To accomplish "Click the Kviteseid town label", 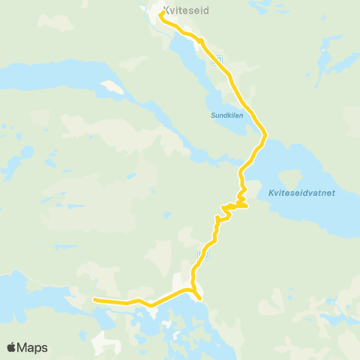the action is pyautogui.click(x=186, y=11).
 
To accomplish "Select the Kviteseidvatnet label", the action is pyautogui.click(x=301, y=193).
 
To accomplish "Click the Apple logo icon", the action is pyautogui.click(x=11, y=347).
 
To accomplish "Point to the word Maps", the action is pyautogui.click(x=32, y=347).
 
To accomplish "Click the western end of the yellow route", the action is pyautogui.click(x=94, y=300).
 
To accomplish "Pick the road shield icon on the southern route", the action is pyautogui.click(x=201, y=255).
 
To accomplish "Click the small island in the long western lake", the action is pyautogui.click(x=110, y=86).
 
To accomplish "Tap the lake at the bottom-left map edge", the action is pyautogui.click(x=15, y=292).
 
